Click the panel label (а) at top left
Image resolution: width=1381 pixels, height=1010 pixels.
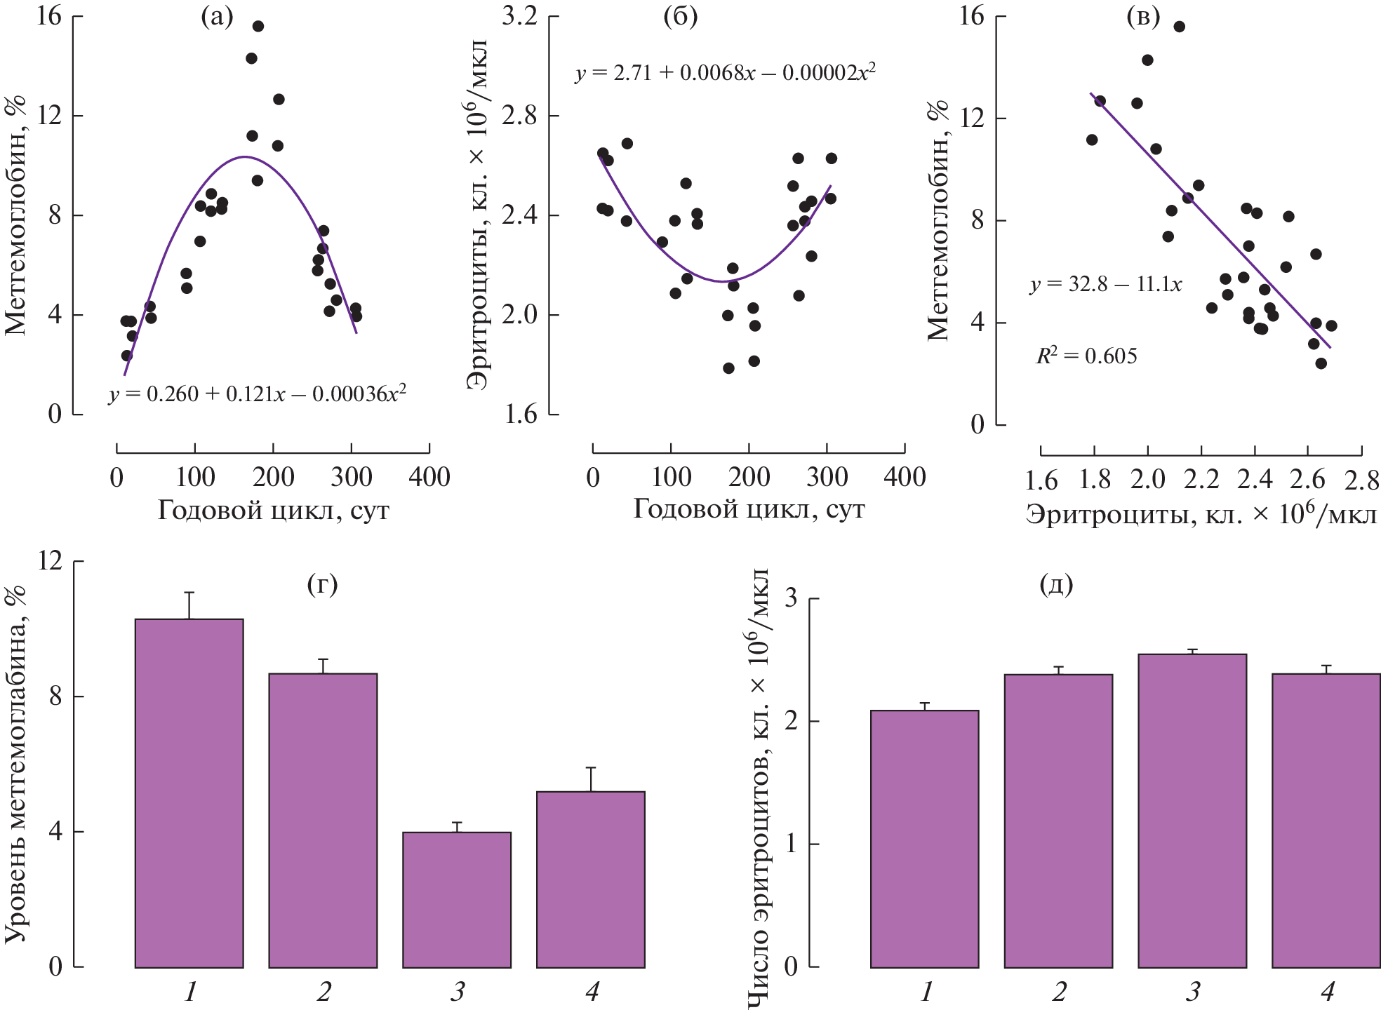pos(217,17)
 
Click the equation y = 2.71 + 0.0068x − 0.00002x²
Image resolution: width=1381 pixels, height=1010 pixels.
pos(726,72)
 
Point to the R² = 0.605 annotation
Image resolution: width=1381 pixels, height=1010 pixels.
pos(1086,356)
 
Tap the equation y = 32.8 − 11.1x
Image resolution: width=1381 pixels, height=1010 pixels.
pos(1106,284)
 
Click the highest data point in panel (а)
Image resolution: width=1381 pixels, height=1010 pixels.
pos(258,27)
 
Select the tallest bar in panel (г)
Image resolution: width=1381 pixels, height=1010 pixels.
pos(189,793)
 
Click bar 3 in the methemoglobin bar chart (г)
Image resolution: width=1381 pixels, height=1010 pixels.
pos(457,900)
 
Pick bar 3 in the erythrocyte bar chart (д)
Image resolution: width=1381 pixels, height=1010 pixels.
pos(1192,811)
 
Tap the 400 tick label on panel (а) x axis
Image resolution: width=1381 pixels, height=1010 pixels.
pos(429,478)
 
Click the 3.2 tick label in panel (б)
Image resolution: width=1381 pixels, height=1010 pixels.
pos(519,16)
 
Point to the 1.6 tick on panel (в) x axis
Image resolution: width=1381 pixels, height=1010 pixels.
pos(1041,480)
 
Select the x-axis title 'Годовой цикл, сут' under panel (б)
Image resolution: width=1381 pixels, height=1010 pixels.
pos(749,509)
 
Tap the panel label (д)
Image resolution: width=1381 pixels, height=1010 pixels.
pos(1056,584)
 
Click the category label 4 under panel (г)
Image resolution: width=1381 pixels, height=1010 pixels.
pos(592,992)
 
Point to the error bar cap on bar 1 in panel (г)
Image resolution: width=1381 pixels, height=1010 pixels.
pos(189,593)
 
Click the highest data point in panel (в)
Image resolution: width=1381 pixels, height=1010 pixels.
pos(1180,27)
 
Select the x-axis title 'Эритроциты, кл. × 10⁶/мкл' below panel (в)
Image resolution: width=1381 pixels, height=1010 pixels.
pos(1201,515)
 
